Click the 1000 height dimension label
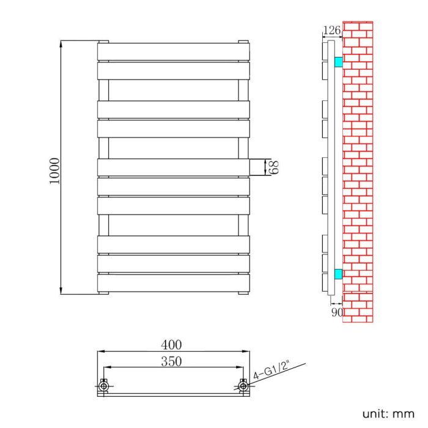[x=54, y=172]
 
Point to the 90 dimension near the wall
[x=336, y=312]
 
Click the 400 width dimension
[x=173, y=346]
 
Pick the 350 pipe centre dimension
[x=173, y=361]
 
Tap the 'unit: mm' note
[x=388, y=413]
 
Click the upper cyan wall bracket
[x=338, y=62]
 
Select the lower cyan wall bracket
[x=338, y=273]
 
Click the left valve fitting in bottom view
[x=103, y=386]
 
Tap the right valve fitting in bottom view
[x=244, y=386]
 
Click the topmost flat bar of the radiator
[x=174, y=52]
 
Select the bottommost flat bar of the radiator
[x=174, y=282]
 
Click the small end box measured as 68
[x=257, y=168]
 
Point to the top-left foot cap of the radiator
[x=103, y=42]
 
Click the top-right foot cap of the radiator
[x=244, y=42]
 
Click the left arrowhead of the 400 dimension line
[x=100, y=352]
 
